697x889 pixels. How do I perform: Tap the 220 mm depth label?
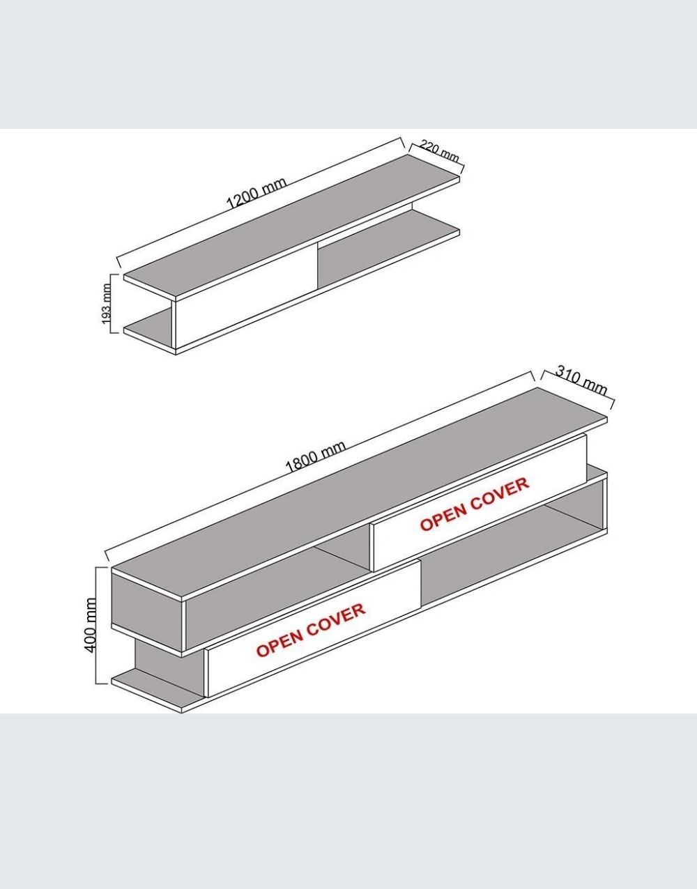click(439, 151)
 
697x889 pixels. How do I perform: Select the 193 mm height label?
click(107, 304)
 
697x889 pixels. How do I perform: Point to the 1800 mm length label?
click(315, 456)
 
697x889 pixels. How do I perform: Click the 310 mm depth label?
click(581, 381)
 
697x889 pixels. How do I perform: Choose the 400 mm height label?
click(90, 625)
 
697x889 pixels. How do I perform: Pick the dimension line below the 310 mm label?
click(577, 390)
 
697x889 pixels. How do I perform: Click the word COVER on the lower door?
click(336, 621)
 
